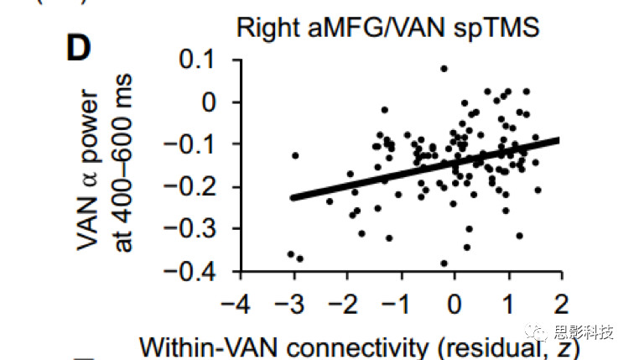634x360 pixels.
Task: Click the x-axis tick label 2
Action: (x=559, y=302)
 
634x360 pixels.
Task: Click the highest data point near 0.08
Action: (x=444, y=69)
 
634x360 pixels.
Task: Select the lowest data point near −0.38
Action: (x=444, y=263)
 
